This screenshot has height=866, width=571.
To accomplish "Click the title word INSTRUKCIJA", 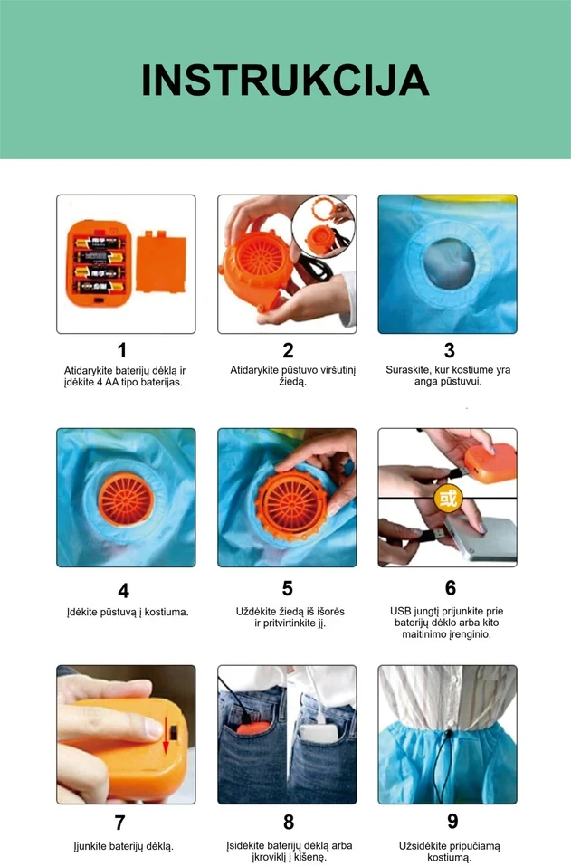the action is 285,81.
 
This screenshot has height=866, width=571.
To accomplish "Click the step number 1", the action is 122,350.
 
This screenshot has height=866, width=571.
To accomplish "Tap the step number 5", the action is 287,588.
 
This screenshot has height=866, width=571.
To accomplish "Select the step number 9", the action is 452,822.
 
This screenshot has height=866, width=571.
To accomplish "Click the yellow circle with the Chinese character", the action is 448,499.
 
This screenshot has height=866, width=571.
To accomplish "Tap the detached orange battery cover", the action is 161,262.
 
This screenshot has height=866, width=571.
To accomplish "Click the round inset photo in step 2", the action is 323,226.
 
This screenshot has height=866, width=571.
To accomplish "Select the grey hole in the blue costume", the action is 450,263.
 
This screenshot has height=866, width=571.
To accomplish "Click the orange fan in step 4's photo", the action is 126,500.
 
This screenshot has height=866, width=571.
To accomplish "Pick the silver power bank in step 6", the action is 481,538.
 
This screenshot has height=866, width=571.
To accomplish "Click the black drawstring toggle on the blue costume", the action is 449,736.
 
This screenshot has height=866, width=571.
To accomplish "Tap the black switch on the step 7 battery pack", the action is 174,733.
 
